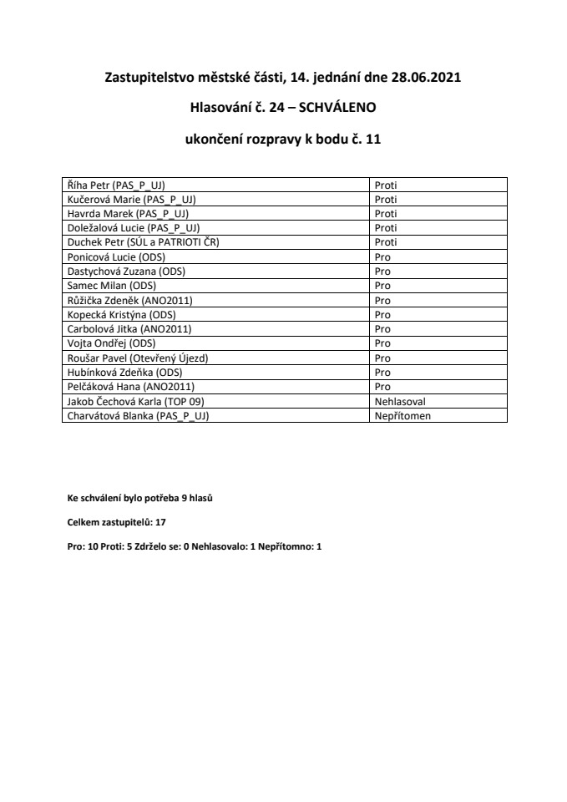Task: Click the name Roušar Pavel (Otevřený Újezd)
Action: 137,358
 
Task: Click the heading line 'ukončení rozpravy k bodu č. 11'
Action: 282,141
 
